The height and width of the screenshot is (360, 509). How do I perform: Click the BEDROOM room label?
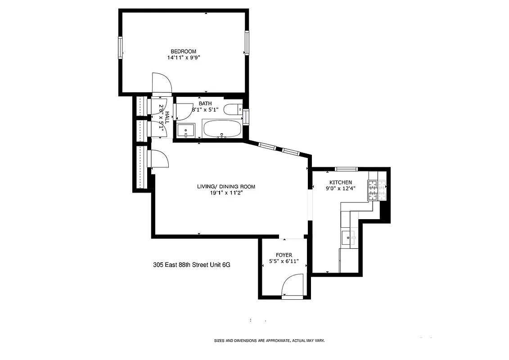click(x=183, y=51)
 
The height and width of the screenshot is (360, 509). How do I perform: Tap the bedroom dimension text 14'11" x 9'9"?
click(x=183, y=58)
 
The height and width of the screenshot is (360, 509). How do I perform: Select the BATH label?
click(x=205, y=103)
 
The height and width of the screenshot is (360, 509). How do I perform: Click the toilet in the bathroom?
click(x=233, y=109)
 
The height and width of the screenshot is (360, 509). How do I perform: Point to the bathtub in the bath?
click(x=222, y=129)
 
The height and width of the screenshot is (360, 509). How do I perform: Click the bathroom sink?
click(x=185, y=131)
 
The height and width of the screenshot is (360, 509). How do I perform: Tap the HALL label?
click(x=167, y=118)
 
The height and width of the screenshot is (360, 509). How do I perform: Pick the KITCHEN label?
click(x=341, y=182)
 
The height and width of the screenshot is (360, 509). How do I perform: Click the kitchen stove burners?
click(x=377, y=190)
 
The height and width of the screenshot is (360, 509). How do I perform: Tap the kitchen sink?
click(x=348, y=237)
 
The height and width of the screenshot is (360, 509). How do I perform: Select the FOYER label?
click(x=284, y=255)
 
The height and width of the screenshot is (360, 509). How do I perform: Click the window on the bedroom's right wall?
click(x=247, y=43)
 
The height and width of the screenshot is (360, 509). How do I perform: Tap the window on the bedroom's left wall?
click(x=121, y=47)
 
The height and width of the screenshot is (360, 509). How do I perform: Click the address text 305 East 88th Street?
click(x=192, y=265)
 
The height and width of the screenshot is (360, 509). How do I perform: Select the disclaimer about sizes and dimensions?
click(x=269, y=341)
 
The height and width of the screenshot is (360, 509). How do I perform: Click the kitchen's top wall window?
click(x=346, y=169)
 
